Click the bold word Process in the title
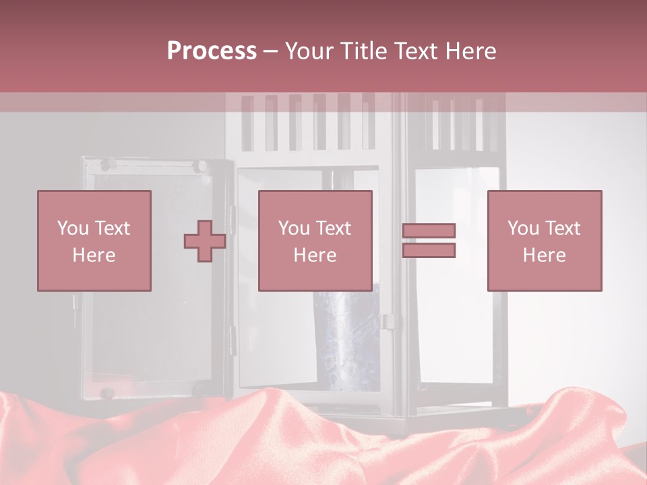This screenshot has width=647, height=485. [x=212, y=51]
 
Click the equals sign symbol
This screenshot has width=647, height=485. [x=429, y=240]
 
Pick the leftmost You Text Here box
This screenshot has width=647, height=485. [x=94, y=241]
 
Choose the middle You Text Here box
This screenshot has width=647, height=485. [x=315, y=241]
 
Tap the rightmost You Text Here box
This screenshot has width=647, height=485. [x=545, y=241]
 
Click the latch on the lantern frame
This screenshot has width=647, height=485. [x=388, y=321]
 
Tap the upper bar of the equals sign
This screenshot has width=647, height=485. [x=429, y=231]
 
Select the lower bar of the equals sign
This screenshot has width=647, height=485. [x=429, y=251]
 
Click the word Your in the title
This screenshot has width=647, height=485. [x=309, y=51]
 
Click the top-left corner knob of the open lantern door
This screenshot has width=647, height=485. [x=106, y=164]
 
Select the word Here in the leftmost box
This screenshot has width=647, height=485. [x=94, y=255]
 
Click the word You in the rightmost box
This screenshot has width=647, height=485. [x=524, y=228]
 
